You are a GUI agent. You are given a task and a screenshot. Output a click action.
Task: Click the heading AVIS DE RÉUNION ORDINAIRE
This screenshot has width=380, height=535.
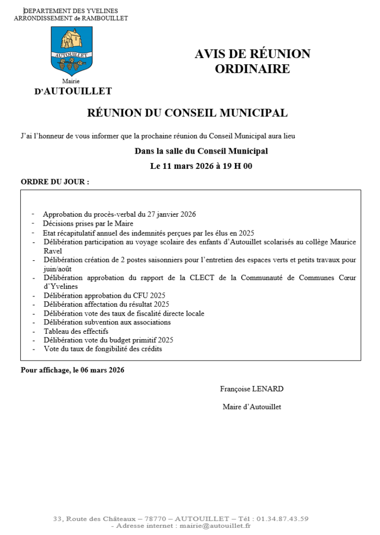(x=252, y=61)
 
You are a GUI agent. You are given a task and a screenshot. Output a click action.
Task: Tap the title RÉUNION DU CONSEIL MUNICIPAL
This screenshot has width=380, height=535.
(x=187, y=113)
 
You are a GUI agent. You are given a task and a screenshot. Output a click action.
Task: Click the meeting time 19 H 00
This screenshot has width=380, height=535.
(x=237, y=167)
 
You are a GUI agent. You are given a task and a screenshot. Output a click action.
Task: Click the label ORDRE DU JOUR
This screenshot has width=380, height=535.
(x=54, y=182)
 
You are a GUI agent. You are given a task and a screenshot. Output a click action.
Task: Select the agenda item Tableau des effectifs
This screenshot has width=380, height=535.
(x=76, y=331)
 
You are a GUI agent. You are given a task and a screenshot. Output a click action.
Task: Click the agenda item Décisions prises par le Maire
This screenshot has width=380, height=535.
(x=88, y=223)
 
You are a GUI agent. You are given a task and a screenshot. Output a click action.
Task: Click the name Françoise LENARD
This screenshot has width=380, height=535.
(x=252, y=389)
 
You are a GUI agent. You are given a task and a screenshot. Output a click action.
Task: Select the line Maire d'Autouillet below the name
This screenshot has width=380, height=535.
(x=252, y=406)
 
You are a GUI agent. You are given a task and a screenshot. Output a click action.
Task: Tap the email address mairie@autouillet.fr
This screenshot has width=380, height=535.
(x=215, y=526)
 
